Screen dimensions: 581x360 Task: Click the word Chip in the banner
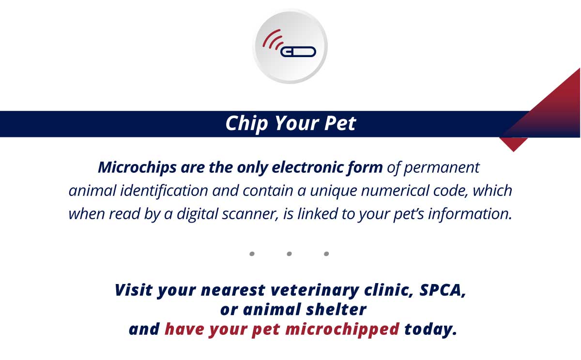point(246,123)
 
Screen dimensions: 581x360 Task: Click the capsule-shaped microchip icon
point(298,52)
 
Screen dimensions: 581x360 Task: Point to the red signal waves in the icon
point(272,39)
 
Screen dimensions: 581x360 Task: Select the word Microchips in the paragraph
point(137,168)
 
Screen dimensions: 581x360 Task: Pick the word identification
point(164,191)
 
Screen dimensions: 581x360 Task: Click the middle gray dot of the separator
point(289,254)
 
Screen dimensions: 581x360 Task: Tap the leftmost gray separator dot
point(252,254)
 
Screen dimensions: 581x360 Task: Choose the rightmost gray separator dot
point(326,254)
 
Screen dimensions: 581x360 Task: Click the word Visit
point(134,290)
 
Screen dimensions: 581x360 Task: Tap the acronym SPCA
point(443,290)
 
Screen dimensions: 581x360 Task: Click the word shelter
point(336,310)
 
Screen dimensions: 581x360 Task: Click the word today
point(430,330)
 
